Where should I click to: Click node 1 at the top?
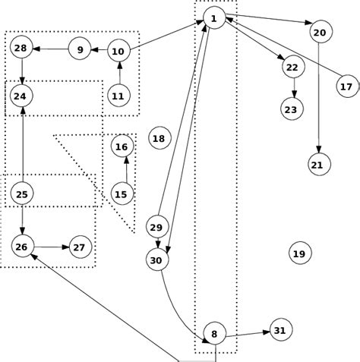214,17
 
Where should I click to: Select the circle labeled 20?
320,32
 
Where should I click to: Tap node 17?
346,87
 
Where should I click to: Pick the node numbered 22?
292,68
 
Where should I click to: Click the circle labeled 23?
291,110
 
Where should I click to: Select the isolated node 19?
298,253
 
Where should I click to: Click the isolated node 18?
158,138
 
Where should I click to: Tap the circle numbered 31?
279,330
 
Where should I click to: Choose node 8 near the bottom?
214,333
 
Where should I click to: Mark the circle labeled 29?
156,228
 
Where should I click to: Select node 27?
80,247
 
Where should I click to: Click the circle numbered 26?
22,247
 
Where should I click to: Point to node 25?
22,195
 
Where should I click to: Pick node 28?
21,49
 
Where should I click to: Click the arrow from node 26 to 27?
51,247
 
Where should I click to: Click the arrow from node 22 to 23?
292,89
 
